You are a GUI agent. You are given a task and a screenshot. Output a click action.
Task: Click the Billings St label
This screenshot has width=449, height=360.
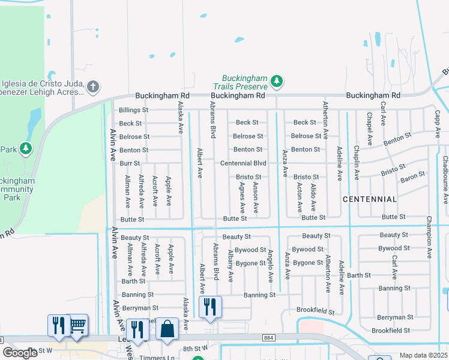(133, 110)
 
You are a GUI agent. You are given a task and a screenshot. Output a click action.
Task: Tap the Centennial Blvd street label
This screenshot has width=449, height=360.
(243, 163)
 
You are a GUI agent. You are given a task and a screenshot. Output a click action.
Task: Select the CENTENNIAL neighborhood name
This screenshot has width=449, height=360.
(370, 199)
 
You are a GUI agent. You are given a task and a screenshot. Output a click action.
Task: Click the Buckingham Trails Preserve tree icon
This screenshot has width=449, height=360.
(276, 80)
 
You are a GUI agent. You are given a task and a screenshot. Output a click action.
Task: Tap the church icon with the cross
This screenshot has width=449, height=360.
(92, 87)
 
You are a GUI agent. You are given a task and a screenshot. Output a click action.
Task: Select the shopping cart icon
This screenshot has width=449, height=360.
(77, 325)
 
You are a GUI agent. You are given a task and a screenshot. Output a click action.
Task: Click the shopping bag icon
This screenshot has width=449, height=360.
(167, 329)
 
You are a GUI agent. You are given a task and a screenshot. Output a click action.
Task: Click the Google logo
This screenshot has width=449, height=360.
(20, 353)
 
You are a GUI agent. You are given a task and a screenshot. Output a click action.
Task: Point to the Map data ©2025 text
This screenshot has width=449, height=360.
(423, 355)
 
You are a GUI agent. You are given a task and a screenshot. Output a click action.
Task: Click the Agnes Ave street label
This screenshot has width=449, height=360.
(243, 199)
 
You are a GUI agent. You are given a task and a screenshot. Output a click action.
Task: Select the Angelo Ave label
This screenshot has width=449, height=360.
(270, 266)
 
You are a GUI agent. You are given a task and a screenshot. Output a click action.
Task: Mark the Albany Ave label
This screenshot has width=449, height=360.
(231, 267)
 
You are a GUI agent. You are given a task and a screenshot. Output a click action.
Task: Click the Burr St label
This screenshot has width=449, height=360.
(129, 163)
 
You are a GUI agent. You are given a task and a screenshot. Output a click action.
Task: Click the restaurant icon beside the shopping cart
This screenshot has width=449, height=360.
(59, 326)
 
